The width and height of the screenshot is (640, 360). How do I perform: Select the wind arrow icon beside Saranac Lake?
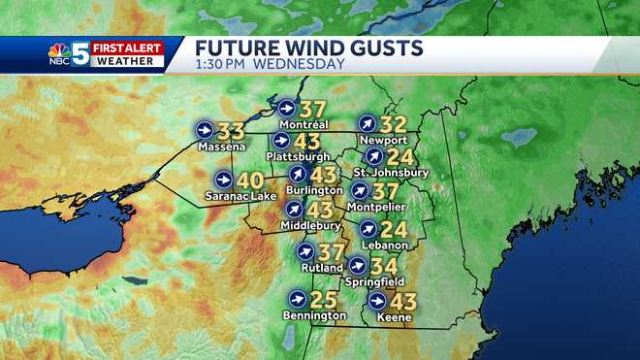tap(224, 180)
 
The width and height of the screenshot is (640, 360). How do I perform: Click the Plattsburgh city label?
tap(301, 156)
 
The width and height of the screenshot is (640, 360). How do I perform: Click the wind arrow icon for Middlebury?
tap(294, 209)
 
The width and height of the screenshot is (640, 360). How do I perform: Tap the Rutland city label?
tap(321, 268)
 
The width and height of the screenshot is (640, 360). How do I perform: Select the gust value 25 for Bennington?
tap(326, 299)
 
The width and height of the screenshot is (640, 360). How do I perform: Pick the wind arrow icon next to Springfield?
tap(357, 266)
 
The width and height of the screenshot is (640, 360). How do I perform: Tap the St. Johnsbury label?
tap(391, 173)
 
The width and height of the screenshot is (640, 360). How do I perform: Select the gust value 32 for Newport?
tap(394, 123)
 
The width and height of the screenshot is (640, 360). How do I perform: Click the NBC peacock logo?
tap(60, 55)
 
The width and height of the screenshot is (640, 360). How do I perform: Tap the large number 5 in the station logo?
tap(80, 53)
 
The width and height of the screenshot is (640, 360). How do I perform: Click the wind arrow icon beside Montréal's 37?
tap(286, 108)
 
